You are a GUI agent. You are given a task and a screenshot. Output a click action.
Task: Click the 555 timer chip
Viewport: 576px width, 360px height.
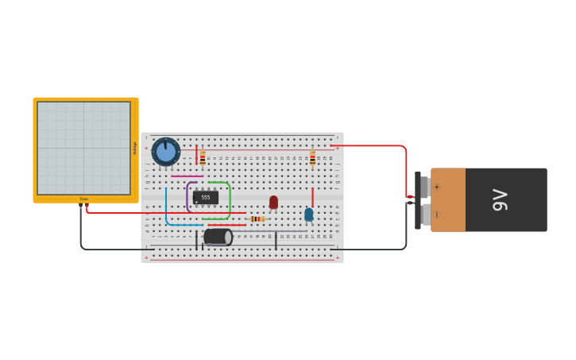[205, 197]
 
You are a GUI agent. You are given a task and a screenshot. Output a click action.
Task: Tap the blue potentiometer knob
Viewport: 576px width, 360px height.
[166, 151]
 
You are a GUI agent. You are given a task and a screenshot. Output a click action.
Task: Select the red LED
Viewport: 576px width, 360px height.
[273, 202]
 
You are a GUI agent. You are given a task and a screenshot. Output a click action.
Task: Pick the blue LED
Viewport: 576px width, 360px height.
[308, 214]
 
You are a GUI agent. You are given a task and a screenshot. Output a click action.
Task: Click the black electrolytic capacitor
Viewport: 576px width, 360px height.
[218, 237]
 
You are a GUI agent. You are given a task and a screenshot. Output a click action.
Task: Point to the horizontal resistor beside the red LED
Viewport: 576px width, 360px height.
[257, 219]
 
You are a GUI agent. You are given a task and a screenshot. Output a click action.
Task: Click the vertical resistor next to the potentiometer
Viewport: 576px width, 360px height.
[203, 158]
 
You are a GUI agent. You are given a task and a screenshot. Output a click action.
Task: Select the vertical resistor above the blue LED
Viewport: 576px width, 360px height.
[312, 159]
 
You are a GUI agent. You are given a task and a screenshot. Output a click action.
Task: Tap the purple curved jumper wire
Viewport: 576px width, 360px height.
[187, 197]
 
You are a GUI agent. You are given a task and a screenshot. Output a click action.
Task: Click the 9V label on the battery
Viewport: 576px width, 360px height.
[501, 199]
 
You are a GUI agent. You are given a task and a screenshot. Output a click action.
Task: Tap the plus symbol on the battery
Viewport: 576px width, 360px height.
[436, 187]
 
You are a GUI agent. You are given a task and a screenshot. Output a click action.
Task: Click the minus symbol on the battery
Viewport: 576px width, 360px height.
[436, 215]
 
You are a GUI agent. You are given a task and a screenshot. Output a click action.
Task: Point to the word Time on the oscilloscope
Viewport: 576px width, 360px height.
[83, 199]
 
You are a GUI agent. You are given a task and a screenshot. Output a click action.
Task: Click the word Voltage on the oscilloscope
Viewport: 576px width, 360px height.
[134, 148]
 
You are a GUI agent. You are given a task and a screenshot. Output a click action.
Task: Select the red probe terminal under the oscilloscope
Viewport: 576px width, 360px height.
[87, 206]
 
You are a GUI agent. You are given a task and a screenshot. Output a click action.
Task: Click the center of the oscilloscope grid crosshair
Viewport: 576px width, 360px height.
[83, 148]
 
